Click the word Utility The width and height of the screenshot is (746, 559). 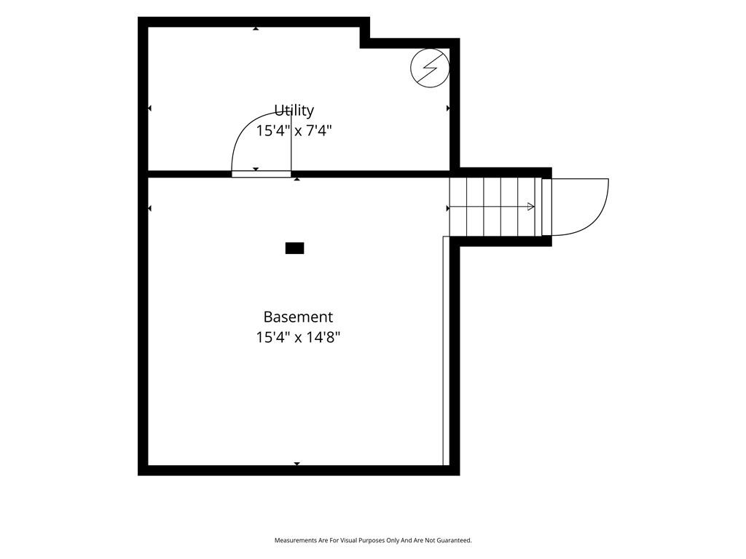(x=294, y=111)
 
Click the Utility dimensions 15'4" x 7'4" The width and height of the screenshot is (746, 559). (x=294, y=130)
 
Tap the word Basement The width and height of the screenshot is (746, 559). (x=298, y=317)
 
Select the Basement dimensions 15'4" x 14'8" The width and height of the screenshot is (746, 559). (x=298, y=338)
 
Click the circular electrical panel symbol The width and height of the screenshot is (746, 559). (x=430, y=68)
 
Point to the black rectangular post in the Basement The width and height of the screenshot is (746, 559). (x=294, y=248)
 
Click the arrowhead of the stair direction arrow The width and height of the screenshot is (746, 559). (x=531, y=207)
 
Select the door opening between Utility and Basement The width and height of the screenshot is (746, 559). (x=262, y=174)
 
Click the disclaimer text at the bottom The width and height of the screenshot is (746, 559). (x=373, y=540)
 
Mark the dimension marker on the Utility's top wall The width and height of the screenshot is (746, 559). (x=256, y=28)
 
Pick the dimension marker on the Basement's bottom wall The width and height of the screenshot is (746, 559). (x=297, y=464)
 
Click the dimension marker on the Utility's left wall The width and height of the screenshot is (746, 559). (x=149, y=108)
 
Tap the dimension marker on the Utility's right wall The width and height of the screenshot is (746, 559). (x=448, y=108)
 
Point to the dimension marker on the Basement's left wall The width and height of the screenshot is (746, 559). (x=149, y=208)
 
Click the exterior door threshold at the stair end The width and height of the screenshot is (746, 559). (x=546, y=207)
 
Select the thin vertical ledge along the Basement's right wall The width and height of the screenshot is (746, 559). (x=447, y=351)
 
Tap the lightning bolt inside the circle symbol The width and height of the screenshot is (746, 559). (x=430, y=68)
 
